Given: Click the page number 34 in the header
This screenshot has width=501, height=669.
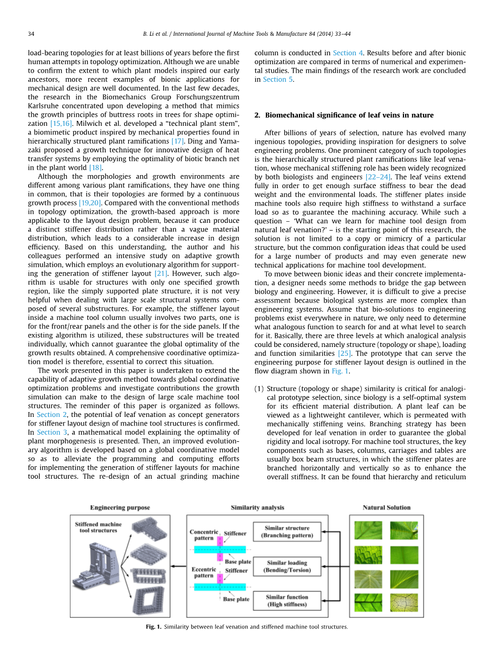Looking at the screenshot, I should tap(31, 34).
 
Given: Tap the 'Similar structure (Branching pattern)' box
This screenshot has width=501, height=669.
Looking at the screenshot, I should tap(287, 531).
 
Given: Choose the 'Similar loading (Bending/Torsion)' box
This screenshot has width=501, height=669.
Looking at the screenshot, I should tap(287, 567).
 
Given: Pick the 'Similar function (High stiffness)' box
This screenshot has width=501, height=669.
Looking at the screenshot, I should tap(287, 601).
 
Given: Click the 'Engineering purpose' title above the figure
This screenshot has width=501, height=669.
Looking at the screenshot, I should tap(120, 507).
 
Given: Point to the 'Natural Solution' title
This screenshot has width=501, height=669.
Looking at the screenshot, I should tap(387, 507).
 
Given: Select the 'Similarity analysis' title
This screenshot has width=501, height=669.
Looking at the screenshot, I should tap(257, 507).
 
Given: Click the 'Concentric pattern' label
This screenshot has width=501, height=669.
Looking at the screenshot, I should tap(204, 535).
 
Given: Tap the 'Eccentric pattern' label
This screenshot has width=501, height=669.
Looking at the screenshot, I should tap(204, 572).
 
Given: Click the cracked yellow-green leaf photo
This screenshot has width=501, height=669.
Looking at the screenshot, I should tap(404, 602).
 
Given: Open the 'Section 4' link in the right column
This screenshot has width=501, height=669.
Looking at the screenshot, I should tap(344, 53).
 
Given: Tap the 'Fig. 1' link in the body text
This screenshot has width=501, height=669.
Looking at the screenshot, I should tap(340, 371).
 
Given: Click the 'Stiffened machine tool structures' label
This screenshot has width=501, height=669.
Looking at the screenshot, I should tap(98, 527).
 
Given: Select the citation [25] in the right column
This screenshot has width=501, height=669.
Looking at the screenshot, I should tap(344, 353).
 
